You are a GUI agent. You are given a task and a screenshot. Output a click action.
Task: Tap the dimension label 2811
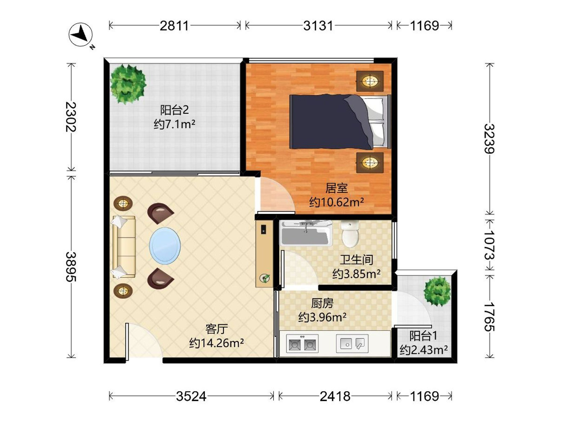tap(174, 26)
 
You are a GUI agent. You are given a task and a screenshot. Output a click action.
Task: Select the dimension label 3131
tap(318, 26)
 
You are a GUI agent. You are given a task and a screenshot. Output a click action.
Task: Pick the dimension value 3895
tap(71, 267)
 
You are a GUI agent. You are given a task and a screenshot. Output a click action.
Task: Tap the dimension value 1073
tap(489, 245)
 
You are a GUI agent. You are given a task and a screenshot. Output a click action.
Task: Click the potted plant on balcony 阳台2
tap(128, 84)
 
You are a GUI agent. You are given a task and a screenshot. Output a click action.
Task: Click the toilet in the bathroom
tap(350, 234)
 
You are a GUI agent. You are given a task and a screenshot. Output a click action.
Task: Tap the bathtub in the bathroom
tap(306, 233)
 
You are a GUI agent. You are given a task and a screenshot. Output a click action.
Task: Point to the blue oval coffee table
tap(165, 246)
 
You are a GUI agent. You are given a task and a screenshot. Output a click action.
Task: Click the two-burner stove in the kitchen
tap(302, 343)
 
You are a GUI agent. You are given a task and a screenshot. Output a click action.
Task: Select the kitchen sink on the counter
tap(352, 343)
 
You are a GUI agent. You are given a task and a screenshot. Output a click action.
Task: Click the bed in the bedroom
tap(340, 122)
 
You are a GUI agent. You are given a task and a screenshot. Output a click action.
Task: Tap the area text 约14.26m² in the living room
tap(217, 343)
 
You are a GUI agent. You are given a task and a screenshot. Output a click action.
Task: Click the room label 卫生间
tap(356, 260)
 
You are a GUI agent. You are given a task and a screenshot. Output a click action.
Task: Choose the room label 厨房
tap(322, 303)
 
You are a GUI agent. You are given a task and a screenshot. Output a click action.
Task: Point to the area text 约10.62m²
tap(337, 202)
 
